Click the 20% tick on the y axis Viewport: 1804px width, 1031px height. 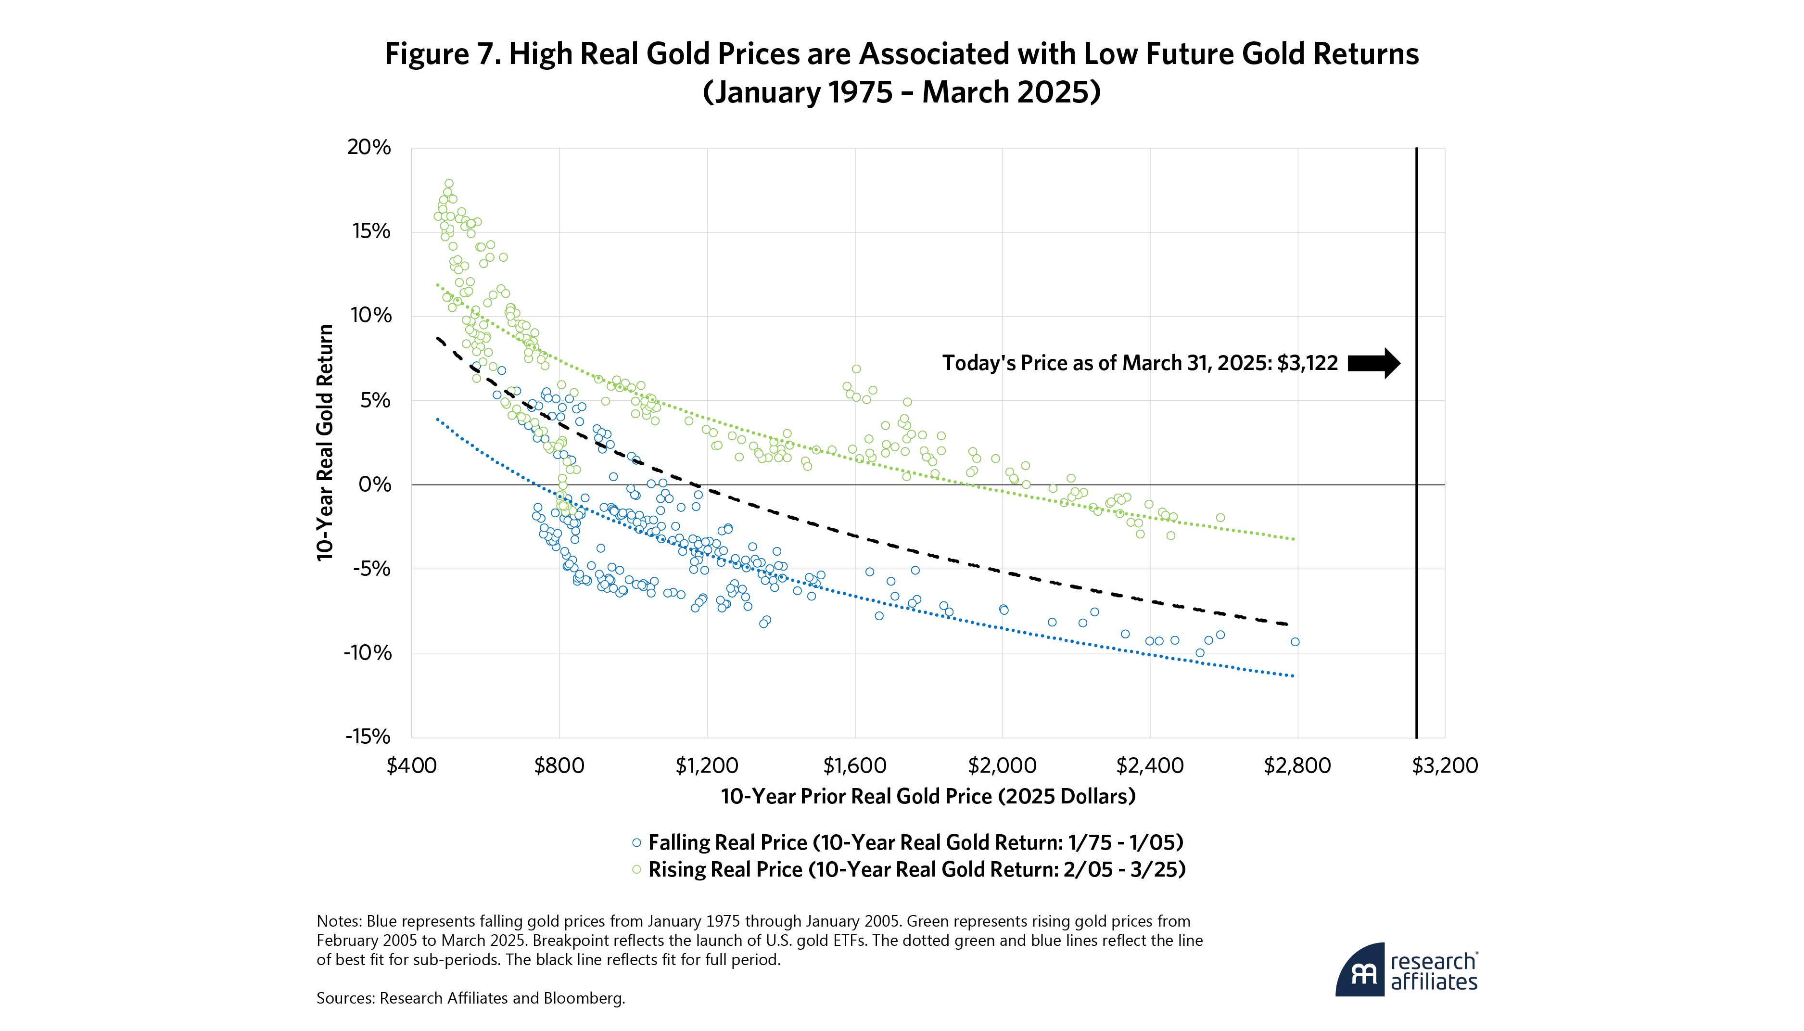tap(368, 147)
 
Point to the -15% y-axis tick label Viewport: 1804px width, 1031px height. tap(368, 737)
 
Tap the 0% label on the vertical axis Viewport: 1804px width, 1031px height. tap(375, 484)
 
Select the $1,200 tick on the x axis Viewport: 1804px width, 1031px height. tap(707, 765)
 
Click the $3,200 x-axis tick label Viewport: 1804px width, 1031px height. tap(1444, 765)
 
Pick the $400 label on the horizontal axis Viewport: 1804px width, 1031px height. tap(411, 765)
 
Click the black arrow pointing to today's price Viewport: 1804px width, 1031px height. tap(1373, 363)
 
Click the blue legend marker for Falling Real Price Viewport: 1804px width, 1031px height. tap(636, 842)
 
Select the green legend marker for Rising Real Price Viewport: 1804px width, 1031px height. tap(636, 869)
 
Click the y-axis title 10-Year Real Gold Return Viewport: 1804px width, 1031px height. tap(325, 443)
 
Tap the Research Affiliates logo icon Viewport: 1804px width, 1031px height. tap(1360, 969)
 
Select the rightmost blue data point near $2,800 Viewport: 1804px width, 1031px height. tap(1295, 641)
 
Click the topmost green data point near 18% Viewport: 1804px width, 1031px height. tap(449, 183)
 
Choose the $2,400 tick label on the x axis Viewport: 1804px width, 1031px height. tap(1150, 765)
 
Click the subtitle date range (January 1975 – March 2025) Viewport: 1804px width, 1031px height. tap(902, 92)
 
